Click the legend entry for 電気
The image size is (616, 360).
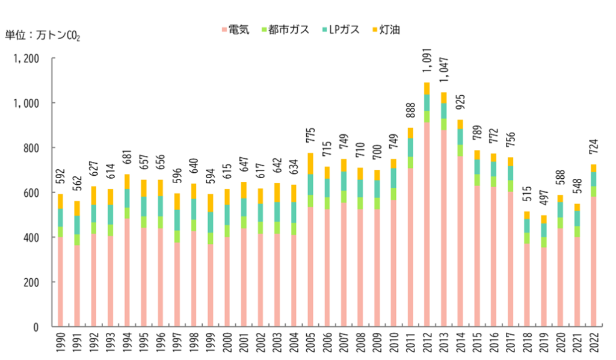pyautogui.click(x=236, y=30)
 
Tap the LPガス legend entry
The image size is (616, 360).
pyautogui.click(x=340, y=30)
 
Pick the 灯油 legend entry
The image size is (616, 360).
pyautogui.click(x=386, y=30)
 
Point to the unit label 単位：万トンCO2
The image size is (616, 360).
pyautogui.click(x=43, y=36)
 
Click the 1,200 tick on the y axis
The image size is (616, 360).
pyautogui.click(x=26, y=58)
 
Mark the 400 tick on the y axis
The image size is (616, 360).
pyautogui.click(x=31, y=237)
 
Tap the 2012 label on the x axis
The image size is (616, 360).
pyautogui.click(x=427, y=343)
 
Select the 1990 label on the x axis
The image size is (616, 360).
pyautogui.click(x=61, y=343)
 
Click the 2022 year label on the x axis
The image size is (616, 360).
pyautogui.click(x=594, y=343)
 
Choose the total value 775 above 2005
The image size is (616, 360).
pyautogui.click(x=311, y=135)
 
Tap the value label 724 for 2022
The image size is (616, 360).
pyautogui.click(x=594, y=147)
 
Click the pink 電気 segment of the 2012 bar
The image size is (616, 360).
pyautogui.click(x=427, y=225)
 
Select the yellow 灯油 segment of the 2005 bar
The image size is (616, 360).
pyautogui.click(x=311, y=164)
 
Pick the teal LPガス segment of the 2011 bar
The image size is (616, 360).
pyautogui.click(x=410, y=147)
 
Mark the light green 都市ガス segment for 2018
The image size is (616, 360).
pyautogui.click(x=527, y=238)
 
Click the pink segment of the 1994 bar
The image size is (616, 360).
pyautogui.click(x=127, y=272)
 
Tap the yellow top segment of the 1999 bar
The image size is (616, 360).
pyautogui.click(x=211, y=203)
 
